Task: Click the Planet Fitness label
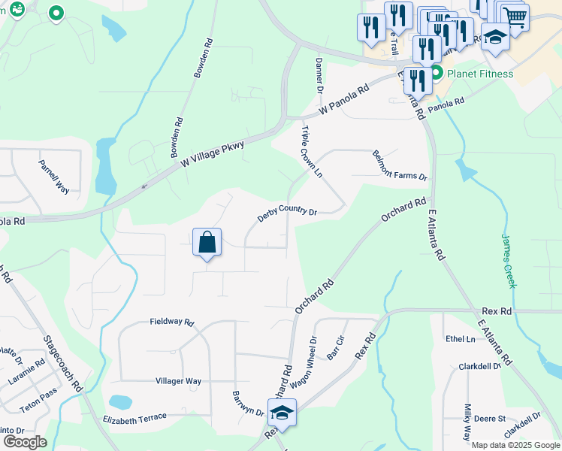pos(479,74)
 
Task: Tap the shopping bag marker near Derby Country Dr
pos(207,243)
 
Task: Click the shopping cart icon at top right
pos(514,17)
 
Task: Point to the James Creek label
pos(509,259)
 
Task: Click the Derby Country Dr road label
pos(288,212)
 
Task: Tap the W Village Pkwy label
pos(212,153)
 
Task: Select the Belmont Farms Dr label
pos(400,165)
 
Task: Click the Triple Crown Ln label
pos(311,151)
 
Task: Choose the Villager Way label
pos(178,381)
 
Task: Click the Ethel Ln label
pos(460,339)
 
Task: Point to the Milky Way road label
pos(467,422)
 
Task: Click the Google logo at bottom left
pos(24,441)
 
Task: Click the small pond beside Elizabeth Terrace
pos(120,402)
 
